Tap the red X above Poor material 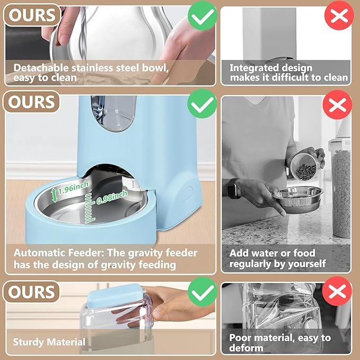click(337, 292)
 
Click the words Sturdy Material click(49, 342)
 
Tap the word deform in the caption click(246, 348)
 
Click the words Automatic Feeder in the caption click(51, 253)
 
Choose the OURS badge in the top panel click(31, 15)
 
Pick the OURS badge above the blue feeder click(31, 102)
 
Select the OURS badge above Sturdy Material click(31, 292)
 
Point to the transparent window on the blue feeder click(112, 113)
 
